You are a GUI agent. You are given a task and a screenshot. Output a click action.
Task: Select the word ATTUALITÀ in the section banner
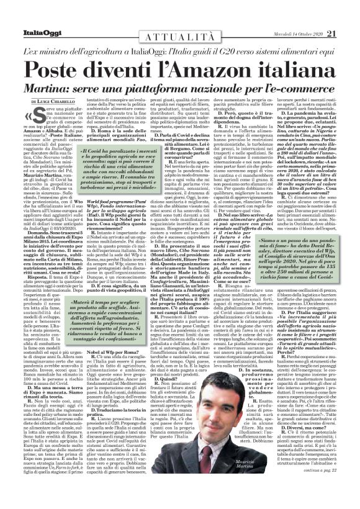(x=179, y=20)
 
